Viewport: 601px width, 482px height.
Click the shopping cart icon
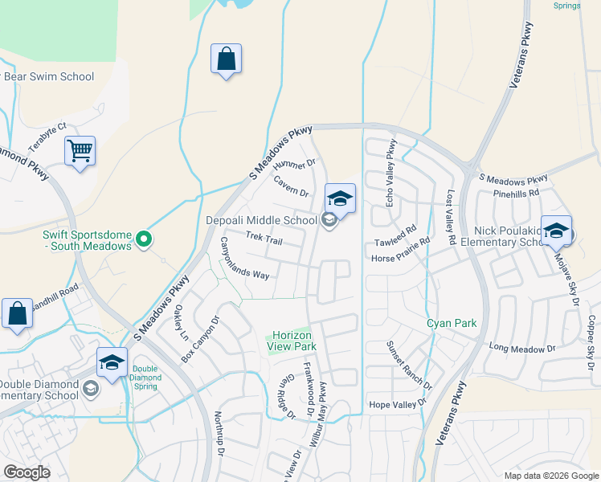coord(80,150)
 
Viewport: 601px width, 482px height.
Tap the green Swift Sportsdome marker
coord(144,239)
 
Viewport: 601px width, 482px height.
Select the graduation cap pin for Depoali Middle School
coord(340,199)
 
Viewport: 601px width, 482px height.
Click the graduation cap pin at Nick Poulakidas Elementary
coord(556,231)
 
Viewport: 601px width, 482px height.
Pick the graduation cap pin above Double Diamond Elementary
coord(112,361)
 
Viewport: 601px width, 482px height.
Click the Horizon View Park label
coord(292,341)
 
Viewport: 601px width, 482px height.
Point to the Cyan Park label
coord(452,324)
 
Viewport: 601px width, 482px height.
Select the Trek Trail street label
coord(264,238)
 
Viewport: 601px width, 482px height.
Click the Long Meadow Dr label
coord(522,348)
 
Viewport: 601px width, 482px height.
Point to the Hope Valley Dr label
coord(395,405)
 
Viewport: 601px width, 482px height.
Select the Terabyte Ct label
coord(47,137)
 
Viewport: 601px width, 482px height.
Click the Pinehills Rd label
coord(517,194)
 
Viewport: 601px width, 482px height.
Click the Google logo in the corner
coord(27,472)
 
